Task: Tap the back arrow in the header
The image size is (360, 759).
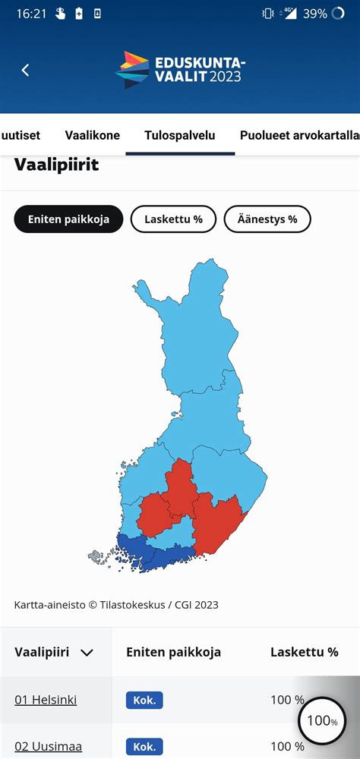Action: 25,70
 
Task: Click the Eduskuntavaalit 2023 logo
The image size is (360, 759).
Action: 180,70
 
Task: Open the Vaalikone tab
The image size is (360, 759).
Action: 92,136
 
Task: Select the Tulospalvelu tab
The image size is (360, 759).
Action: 180,136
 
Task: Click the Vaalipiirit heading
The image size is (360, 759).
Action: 56,165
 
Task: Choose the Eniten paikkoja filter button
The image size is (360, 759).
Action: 68,219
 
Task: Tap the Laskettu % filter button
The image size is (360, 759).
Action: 173,219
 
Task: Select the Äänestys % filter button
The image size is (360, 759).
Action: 267,219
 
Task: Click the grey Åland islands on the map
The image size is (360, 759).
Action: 95,557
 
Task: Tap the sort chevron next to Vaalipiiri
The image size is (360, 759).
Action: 87,653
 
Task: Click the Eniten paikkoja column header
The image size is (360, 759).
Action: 173,652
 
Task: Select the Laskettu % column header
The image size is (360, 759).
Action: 304,652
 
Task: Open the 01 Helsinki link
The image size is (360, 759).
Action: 46,700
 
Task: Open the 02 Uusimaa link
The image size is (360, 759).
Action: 48,746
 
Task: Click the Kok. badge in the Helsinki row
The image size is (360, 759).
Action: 144,700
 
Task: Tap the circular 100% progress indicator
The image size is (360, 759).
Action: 322,720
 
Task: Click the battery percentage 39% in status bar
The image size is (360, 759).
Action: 314,14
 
